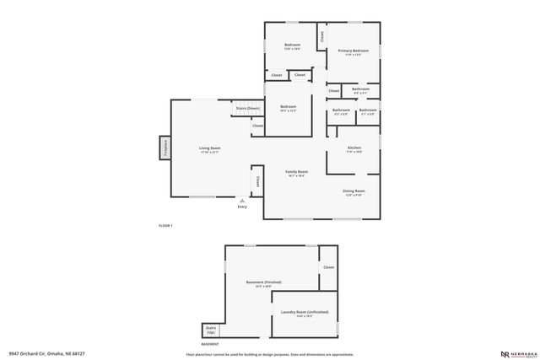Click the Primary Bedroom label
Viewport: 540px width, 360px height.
coord(354,51)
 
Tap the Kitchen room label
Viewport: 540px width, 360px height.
coord(354,148)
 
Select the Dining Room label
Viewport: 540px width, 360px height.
coord(354,191)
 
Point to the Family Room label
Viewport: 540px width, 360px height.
coord(296,172)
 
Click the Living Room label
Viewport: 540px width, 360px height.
coord(209,148)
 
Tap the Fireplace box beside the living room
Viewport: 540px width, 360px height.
coord(165,147)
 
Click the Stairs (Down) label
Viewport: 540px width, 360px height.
coord(247,109)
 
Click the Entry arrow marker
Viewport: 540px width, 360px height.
coord(242,200)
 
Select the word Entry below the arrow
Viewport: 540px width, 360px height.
coord(242,207)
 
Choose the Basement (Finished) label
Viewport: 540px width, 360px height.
coord(263,282)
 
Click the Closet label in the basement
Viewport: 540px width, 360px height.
coord(327,267)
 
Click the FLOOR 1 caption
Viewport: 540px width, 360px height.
coord(165,226)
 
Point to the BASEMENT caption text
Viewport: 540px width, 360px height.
coord(210,344)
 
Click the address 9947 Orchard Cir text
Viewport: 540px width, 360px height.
coord(47,353)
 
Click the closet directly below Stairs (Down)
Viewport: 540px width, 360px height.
coord(257,126)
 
